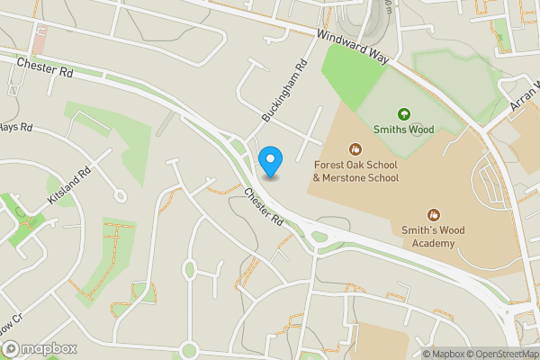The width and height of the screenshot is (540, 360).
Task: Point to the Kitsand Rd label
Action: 70,184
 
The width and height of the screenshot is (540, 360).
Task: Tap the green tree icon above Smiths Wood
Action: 404,114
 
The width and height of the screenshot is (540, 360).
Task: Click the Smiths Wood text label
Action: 404,130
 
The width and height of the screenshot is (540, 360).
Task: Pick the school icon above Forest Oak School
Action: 355,148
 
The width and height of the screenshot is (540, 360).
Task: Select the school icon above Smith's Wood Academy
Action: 434,214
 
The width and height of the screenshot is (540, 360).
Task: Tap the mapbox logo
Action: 40,348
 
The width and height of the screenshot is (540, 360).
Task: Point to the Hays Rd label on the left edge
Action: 15,128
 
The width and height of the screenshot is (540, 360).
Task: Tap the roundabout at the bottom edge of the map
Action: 188,351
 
